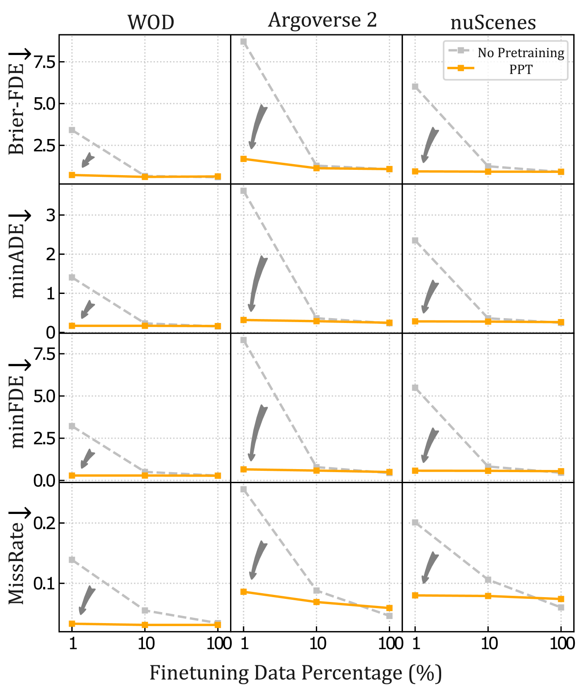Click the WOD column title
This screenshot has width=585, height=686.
coord(151,22)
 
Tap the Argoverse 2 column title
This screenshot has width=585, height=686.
coord(322,20)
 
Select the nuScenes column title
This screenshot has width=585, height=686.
coord(493,22)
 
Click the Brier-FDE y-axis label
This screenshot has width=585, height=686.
coord(17,108)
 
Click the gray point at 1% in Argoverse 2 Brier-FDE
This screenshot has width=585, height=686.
coord(244,42)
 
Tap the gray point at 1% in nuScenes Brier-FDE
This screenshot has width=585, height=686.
coord(415,87)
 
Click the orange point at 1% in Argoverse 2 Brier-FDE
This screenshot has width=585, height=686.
coord(244,159)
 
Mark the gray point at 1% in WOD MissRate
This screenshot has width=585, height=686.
coord(72,560)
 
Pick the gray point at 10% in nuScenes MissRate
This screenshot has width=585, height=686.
coord(488,580)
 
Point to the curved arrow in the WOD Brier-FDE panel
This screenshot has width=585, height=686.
coord(88,160)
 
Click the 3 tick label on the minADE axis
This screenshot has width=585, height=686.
coord(51,215)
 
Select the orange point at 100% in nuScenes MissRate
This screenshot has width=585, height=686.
coord(561,599)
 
